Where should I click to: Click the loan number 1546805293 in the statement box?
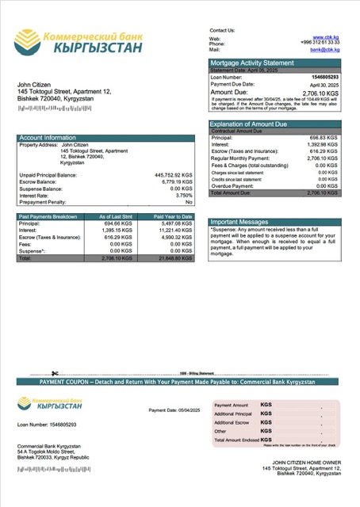[324, 77]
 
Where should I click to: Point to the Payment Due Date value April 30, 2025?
[325, 83]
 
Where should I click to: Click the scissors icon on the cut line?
[55, 373]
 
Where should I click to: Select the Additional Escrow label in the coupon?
[232, 422]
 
